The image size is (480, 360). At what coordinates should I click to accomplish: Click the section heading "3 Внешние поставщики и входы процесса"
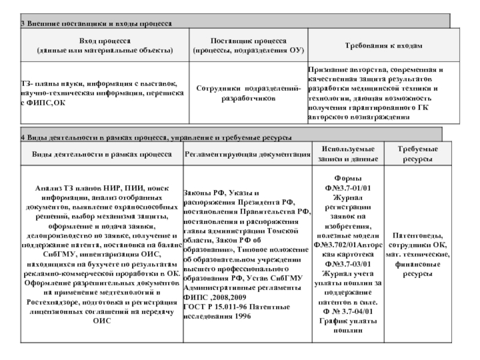pos(97,23)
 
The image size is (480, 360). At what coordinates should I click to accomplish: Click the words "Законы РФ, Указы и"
pos(221,194)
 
